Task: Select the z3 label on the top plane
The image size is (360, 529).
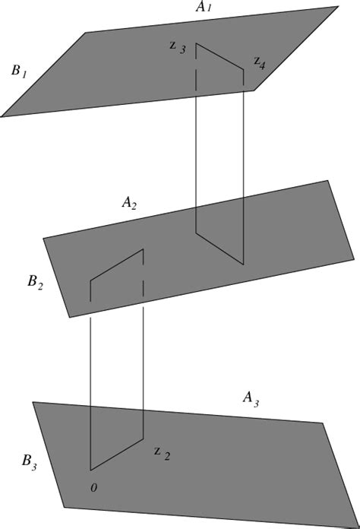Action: point(177,46)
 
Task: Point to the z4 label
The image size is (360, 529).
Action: point(260,62)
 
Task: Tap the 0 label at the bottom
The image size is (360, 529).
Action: point(93,486)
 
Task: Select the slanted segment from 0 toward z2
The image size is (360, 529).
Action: point(117,455)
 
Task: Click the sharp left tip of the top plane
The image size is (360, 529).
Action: point(3,116)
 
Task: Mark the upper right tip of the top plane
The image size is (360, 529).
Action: point(337,8)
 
